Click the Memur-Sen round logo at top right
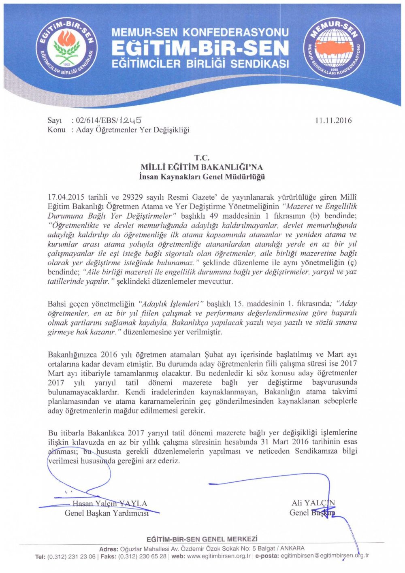tap(334, 48)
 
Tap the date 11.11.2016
tap(333, 120)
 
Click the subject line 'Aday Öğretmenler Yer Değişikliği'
tap(132, 130)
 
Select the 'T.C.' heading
tap(202, 158)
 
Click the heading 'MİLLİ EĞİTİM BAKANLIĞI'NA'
tap(202, 167)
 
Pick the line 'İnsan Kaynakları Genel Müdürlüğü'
tap(202, 177)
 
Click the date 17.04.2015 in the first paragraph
tap(66, 197)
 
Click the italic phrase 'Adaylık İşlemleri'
tap(171, 304)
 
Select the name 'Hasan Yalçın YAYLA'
tap(110, 504)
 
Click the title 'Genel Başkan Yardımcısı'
tap(107, 513)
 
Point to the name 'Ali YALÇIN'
tap(313, 503)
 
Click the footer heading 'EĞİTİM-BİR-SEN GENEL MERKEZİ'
tap(202, 539)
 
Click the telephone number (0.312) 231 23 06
tap(72, 556)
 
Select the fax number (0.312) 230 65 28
tap(142, 556)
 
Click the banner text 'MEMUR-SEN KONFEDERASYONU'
tap(200, 32)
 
